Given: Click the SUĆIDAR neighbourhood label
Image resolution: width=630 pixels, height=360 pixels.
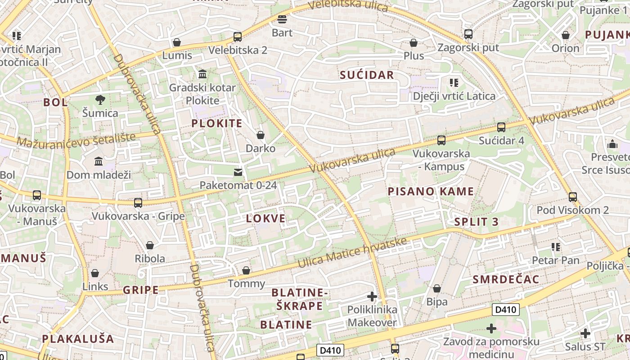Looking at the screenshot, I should pos(367,75).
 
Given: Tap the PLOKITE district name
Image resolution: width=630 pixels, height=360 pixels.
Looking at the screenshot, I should pos(217,123).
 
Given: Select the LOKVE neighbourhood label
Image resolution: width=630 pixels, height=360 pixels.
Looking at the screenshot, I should pos(265,219).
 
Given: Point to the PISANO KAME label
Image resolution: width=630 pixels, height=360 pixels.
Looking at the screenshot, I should pos(431,191).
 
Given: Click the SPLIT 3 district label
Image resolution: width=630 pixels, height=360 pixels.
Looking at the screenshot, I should pos(477,221).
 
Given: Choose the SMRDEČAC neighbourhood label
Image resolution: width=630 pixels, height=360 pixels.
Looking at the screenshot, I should pos(506,279).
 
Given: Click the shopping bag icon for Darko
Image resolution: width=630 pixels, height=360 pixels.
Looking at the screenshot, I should pos(260,135).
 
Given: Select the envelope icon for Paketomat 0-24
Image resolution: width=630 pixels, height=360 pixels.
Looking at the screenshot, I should pos(238,172).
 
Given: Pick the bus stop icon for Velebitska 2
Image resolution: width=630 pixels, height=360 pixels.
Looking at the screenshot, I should pos(237,37).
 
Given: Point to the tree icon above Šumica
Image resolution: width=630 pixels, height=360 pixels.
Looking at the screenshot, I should pos(100,99).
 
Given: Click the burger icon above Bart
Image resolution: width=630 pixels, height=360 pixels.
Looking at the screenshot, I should pos(282,19).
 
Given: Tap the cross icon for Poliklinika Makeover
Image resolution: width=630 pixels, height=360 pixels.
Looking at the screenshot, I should pos(372,297).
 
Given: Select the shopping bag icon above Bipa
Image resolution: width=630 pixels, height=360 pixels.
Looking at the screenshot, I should pos(436,288).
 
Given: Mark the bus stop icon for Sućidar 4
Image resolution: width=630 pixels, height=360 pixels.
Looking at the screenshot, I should pos(501,127).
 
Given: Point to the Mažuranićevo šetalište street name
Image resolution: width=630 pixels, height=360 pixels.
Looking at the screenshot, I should pos(76,140).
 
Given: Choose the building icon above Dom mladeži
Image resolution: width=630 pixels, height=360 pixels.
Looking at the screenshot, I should pos(99,161).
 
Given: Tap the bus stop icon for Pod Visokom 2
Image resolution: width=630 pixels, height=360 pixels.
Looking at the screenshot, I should pos(572,197).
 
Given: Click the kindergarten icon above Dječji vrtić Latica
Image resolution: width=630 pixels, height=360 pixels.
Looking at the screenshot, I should pos(454,82).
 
